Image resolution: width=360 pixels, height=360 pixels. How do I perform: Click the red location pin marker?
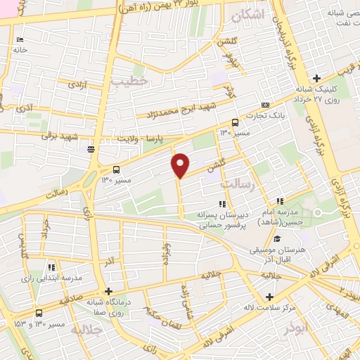click(x=180, y=166)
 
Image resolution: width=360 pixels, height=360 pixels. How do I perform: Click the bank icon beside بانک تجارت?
click(x=265, y=105)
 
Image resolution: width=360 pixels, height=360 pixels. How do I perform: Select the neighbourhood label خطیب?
click(x=135, y=82)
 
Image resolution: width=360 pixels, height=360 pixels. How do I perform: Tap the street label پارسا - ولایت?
click(x=150, y=140)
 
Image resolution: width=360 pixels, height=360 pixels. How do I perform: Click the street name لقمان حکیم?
click(x=166, y=308)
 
